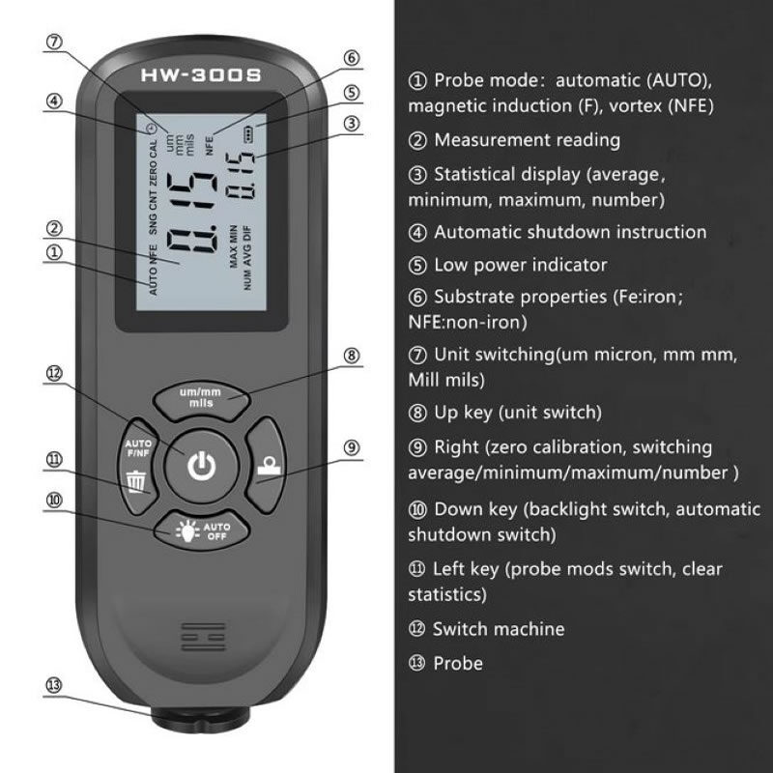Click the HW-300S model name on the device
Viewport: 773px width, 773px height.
(x=201, y=75)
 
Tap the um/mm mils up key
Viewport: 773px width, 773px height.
(x=202, y=399)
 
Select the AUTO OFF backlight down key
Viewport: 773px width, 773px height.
(x=202, y=530)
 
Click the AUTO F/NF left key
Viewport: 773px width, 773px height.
(x=136, y=466)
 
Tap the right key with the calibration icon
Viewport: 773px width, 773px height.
(x=267, y=466)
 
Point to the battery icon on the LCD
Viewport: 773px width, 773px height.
(x=248, y=133)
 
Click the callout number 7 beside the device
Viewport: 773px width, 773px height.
(x=54, y=42)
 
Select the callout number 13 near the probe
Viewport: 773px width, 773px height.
(x=54, y=685)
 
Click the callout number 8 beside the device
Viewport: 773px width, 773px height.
(x=351, y=356)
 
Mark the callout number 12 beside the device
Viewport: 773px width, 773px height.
(x=54, y=373)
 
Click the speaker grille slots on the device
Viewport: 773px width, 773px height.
(x=203, y=636)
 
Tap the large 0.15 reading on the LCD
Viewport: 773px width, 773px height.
(x=191, y=213)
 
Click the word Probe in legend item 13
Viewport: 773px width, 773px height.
(x=458, y=664)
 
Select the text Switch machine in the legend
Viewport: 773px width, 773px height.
(x=499, y=629)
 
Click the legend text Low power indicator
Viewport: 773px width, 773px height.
(x=520, y=265)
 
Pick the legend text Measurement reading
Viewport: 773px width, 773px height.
(x=527, y=140)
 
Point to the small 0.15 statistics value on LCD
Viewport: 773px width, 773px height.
(x=240, y=176)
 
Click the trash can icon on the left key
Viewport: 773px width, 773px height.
(x=136, y=482)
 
